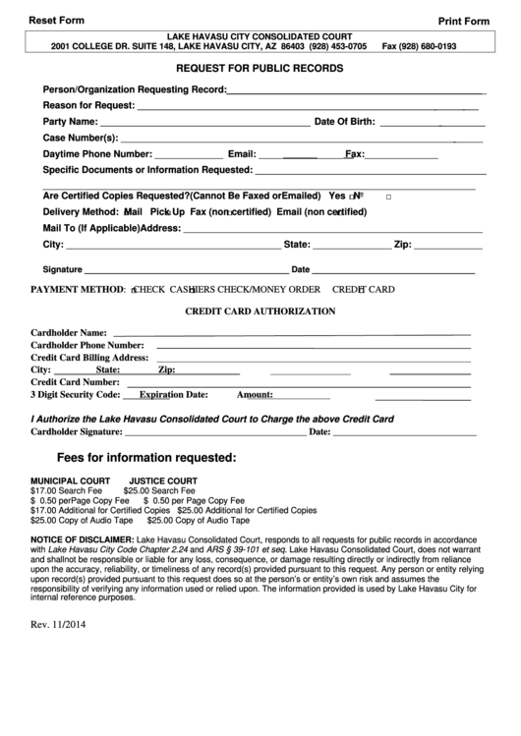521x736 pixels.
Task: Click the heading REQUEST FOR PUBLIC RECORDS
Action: (x=260, y=70)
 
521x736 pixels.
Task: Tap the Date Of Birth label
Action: (x=344, y=122)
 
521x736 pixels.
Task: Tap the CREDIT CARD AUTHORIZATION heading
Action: (x=260, y=311)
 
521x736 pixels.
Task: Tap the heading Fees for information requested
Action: (x=146, y=458)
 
